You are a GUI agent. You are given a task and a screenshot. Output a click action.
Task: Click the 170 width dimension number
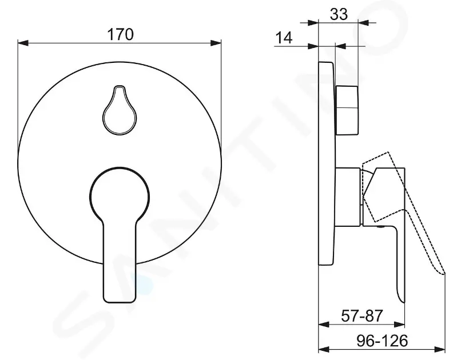click(x=120, y=34)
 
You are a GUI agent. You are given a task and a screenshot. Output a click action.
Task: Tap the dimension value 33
click(x=339, y=15)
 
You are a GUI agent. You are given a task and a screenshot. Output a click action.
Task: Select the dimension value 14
click(x=283, y=38)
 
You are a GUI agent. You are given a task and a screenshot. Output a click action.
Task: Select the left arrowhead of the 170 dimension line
click(x=23, y=42)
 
